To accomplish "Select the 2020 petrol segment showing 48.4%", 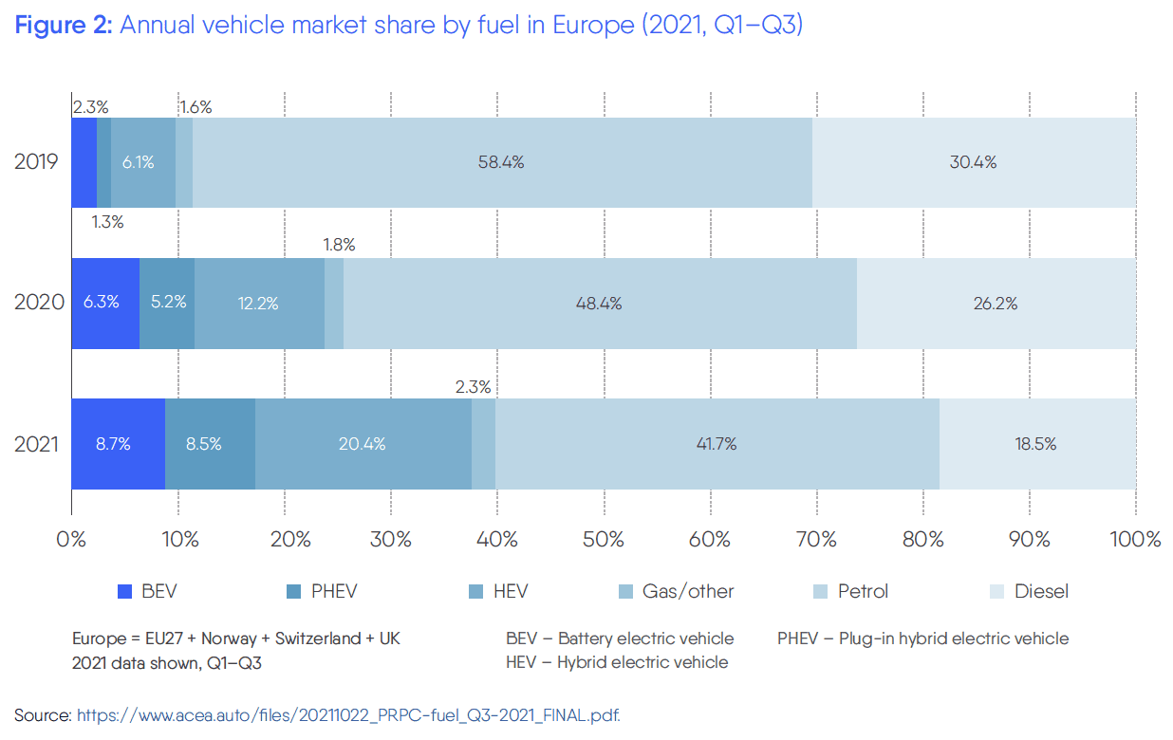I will click(x=598, y=304).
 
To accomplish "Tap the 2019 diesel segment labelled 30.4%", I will click(x=973, y=162).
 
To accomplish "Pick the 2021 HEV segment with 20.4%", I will click(x=363, y=444).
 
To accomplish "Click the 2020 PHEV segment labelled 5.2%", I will click(x=168, y=304).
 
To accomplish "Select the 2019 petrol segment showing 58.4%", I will click(x=501, y=162).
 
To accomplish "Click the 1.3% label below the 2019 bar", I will click(x=107, y=223).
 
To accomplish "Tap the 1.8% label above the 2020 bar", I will click(x=339, y=245).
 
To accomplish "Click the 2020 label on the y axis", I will click(x=39, y=304).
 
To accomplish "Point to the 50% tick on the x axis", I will click(x=604, y=540).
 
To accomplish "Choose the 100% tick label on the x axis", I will click(x=1134, y=540).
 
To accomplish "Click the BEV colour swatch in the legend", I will click(x=124, y=592).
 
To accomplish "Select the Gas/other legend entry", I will click(x=688, y=592).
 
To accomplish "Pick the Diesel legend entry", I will click(x=1041, y=592).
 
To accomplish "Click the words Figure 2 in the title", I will click(x=64, y=26).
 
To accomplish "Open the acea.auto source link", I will click(x=348, y=715).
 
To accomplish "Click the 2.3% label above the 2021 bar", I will click(x=473, y=386).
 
